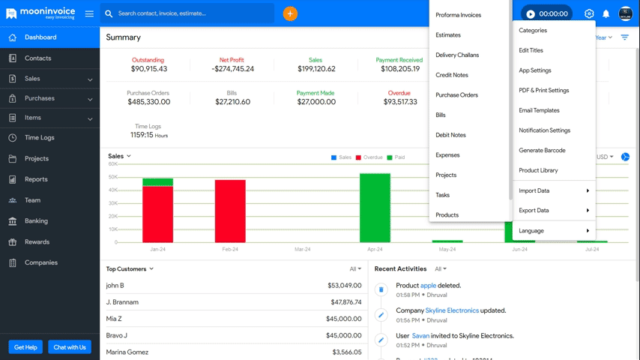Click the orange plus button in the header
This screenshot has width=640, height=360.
[290, 13]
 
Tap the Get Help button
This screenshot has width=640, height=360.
[25, 347]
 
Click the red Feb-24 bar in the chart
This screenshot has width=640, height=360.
[230, 211]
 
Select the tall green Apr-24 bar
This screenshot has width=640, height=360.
[375, 208]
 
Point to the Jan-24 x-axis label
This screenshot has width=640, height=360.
[157, 249]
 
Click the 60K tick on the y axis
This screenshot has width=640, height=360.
[112, 163]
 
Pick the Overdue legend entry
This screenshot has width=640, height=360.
[369, 157]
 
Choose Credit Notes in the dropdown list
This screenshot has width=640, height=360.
[452, 75]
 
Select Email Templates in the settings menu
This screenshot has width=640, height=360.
[539, 110]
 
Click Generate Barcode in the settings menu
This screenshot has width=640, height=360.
[542, 150]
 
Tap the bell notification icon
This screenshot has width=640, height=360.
[606, 14]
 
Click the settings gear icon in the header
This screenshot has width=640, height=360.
[589, 14]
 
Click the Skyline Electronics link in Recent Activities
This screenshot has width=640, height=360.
[452, 310]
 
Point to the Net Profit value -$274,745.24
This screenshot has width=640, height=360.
[232, 69]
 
